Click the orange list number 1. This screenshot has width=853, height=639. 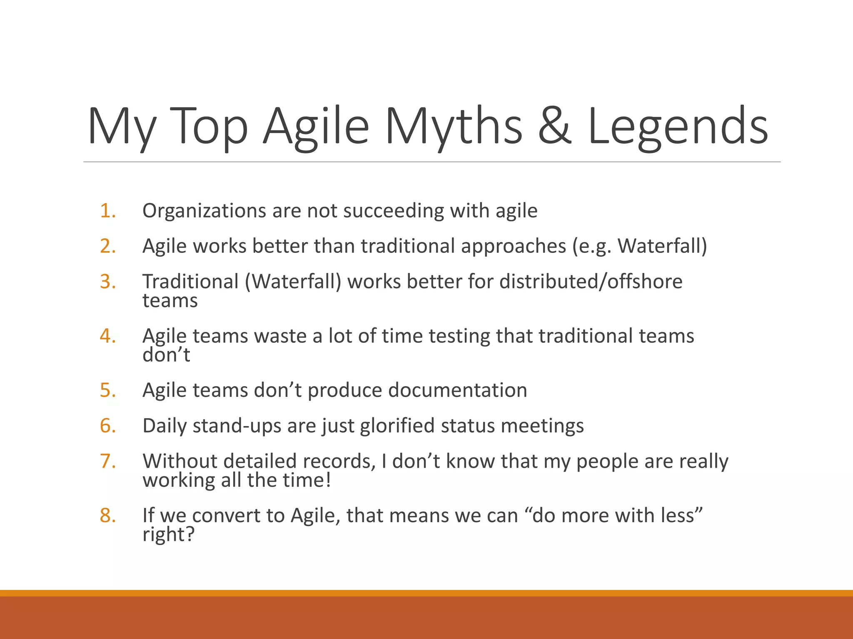tap(107, 211)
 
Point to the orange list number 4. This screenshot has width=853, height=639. tap(107, 336)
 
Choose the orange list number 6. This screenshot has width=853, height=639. tap(107, 426)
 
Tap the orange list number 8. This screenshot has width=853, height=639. tap(107, 515)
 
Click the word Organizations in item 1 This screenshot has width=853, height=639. tap(204, 211)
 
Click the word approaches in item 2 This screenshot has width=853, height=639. tap(513, 246)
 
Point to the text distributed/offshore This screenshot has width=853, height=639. tap(591, 282)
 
